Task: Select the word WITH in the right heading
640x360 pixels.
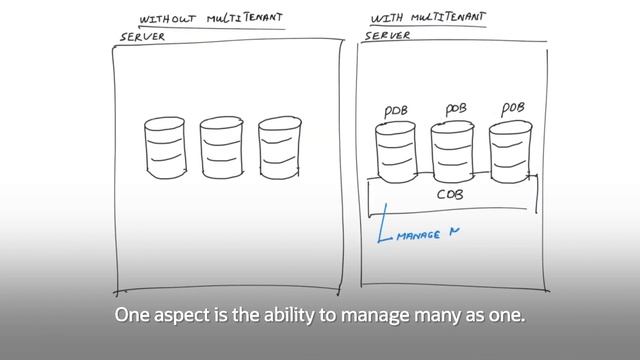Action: pyautogui.click(x=386, y=18)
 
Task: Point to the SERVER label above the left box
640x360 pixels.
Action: pyautogui.click(x=143, y=36)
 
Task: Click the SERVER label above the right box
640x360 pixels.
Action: pyautogui.click(x=388, y=35)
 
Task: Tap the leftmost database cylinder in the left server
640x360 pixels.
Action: pyautogui.click(x=164, y=148)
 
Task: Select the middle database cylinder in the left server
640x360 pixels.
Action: pyautogui.click(x=220, y=148)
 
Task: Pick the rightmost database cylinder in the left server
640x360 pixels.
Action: pyautogui.click(x=279, y=147)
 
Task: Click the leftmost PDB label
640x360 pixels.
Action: pyautogui.click(x=396, y=111)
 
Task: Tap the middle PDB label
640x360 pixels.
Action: pyautogui.click(x=455, y=107)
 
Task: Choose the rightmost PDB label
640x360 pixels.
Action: pyautogui.click(x=513, y=107)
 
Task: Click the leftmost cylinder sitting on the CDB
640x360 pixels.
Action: pyautogui.click(x=395, y=150)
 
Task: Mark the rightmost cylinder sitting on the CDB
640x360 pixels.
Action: pyautogui.click(x=510, y=150)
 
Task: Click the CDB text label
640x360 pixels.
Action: pyautogui.click(x=450, y=195)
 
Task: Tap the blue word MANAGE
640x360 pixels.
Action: pyautogui.click(x=419, y=236)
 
